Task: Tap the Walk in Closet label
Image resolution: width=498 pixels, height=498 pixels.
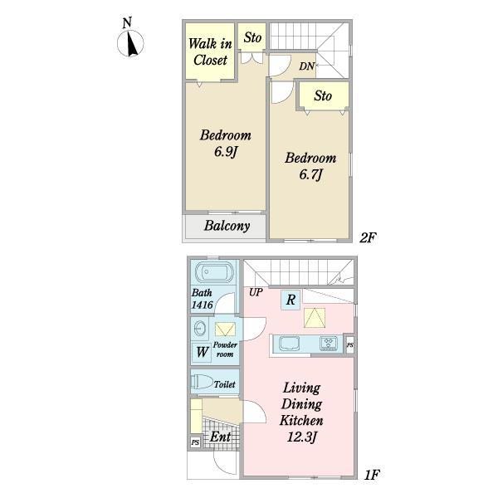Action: click(x=210, y=51)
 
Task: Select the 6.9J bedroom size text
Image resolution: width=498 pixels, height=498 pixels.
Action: click(x=226, y=152)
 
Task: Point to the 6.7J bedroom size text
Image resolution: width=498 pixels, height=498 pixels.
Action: click(x=311, y=174)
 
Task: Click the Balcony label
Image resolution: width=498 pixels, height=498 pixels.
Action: click(x=227, y=226)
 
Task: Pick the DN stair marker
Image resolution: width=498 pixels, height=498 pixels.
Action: click(x=306, y=66)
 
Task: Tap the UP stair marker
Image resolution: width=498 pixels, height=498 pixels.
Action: click(x=256, y=292)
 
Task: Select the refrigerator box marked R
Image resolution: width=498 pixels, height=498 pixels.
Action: click(x=290, y=300)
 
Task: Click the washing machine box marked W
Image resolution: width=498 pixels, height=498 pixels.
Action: click(x=203, y=352)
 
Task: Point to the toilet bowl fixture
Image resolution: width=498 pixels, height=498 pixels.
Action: click(x=202, y=382)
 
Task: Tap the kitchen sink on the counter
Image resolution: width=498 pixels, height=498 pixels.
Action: click(x=289, y=344)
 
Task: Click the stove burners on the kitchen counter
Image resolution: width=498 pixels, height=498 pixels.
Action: click(x=329, y=344)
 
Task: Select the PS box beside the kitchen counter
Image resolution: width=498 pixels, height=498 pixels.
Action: click(x=349, y=345)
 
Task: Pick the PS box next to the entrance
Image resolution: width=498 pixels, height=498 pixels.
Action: click(x=195, y=442)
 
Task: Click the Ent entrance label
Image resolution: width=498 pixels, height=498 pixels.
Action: click(x=221, y=437)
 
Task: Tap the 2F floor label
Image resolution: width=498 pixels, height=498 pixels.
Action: click(x=368, y=237)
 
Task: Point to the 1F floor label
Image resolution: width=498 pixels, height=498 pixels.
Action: click(x=372, y=475)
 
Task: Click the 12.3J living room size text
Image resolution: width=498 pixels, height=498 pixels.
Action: click(x=302, y=437)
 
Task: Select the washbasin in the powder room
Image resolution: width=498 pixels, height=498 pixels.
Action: click(x=200, y=328)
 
